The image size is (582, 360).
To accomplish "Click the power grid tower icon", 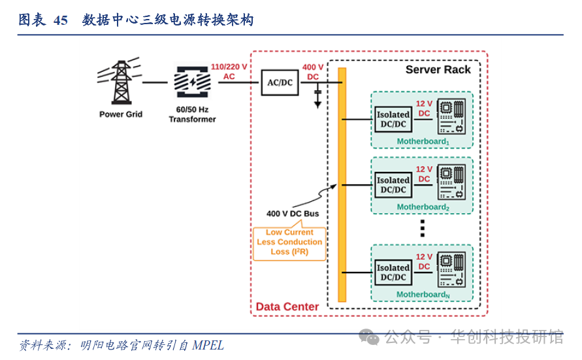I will [120, 83].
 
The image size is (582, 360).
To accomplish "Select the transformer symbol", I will [192, 82].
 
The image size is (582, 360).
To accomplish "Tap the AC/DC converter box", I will [281, 82].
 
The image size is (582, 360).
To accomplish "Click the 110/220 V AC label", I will [229, 71].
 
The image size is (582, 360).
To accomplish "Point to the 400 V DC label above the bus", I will [313, 72].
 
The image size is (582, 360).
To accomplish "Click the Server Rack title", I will [438, 70].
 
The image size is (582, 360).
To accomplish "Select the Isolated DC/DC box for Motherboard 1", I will [393, 120].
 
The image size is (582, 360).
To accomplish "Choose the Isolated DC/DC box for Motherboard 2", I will [393, 185].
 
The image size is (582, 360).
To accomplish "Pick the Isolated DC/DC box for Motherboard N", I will [393, 272].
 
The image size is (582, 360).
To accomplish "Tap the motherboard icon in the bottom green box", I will [451, 269].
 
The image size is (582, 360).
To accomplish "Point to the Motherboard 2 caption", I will [423, 207].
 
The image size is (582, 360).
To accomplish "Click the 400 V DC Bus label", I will [293, 214].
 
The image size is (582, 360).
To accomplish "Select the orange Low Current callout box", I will [289, 242].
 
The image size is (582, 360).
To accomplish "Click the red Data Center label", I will [287, 306].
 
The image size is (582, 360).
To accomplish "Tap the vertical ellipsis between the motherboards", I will [423, 228].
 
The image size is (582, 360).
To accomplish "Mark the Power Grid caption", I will [121, 114].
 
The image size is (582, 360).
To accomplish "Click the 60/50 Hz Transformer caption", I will [192, 114].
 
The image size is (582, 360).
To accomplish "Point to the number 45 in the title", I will [60, 20].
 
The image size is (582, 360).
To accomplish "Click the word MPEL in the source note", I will [208, 345].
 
